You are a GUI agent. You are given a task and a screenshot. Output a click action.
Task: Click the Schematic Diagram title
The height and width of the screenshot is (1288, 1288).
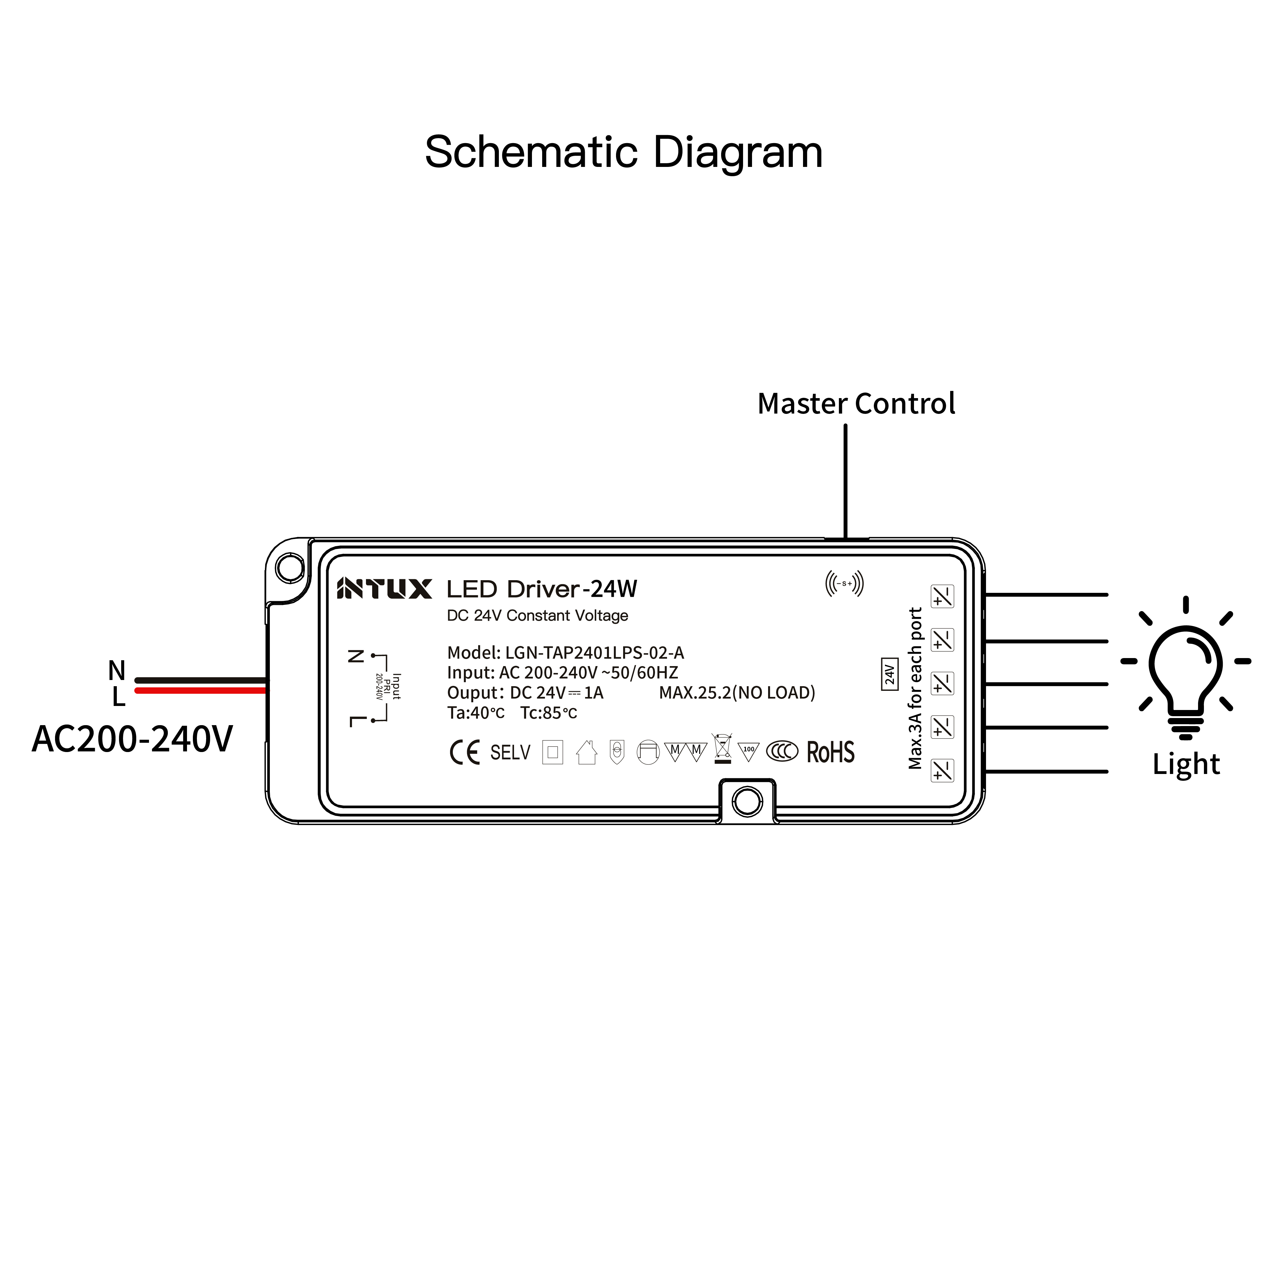[x=623, y=153]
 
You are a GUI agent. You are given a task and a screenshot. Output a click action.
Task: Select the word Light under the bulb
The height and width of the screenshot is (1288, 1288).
[x=1186, y=764]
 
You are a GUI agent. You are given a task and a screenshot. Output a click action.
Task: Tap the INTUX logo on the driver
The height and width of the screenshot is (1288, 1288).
[x=384, y=589]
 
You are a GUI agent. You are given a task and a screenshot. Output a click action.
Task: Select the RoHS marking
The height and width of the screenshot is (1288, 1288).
[x=831, y=752]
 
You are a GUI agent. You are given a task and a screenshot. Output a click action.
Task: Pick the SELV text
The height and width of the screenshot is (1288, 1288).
[x=510, y=753]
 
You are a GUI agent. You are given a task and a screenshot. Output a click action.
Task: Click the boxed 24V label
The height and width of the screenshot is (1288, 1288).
[x=889, y=674]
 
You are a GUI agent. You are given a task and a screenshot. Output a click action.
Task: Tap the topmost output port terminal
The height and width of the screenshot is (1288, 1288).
[x=942, y=596]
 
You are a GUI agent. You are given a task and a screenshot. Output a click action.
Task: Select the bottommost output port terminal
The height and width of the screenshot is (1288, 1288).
[x=942, y=771]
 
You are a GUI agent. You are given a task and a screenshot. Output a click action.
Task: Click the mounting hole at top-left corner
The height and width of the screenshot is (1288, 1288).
[x=290, y=568]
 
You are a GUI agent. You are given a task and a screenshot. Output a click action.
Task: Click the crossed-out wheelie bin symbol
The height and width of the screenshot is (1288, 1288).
[x=722, y=749]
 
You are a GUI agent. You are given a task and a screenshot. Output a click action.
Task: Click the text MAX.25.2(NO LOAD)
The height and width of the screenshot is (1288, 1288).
[x=737, y=693]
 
